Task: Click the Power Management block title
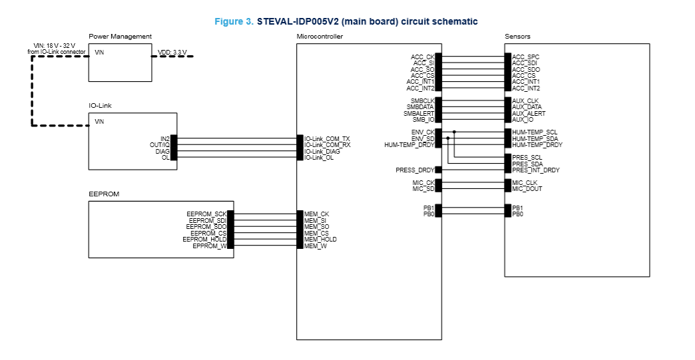point(120,36)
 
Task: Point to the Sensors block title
point(517,36)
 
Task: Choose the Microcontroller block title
point(320,36)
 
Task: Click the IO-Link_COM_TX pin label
point(327,138)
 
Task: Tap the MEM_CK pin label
point(317,214)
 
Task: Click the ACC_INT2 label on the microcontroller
point(420,89)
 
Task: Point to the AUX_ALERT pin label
point(529,114)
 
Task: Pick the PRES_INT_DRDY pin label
point(536,170)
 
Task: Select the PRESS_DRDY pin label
point(415,170)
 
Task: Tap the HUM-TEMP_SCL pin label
point(535,132)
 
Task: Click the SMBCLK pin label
point(422,101)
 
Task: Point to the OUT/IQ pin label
point(159,144)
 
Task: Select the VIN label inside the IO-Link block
point(100,122)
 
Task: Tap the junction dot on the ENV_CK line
point(454,132)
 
